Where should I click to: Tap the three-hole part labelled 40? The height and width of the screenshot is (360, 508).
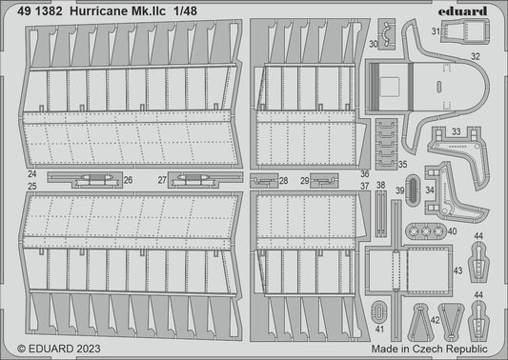click(429, 230)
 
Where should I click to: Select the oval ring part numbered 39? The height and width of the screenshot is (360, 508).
click(401, 197)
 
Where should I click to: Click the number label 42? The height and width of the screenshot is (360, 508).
click(435, 320)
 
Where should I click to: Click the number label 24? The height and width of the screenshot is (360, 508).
click(33, 175)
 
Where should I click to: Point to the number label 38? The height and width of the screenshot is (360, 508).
click(380, 185)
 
